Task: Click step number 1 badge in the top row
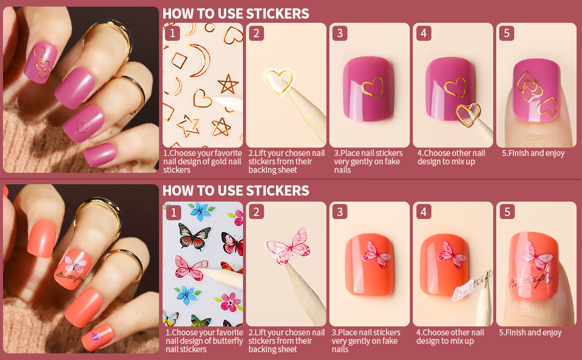pos(172,33)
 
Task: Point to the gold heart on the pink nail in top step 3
pos(373,87)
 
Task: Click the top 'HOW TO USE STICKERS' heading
pos(236,14)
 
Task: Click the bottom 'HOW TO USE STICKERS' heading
pos(236,191)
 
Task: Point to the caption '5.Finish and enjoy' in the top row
pos(533,153)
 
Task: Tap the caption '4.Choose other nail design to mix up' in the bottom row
pos(451,337)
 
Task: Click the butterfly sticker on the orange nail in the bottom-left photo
pos(74,263)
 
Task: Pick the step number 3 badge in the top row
pos(340,33)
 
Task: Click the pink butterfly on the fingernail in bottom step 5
pos(536,254)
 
